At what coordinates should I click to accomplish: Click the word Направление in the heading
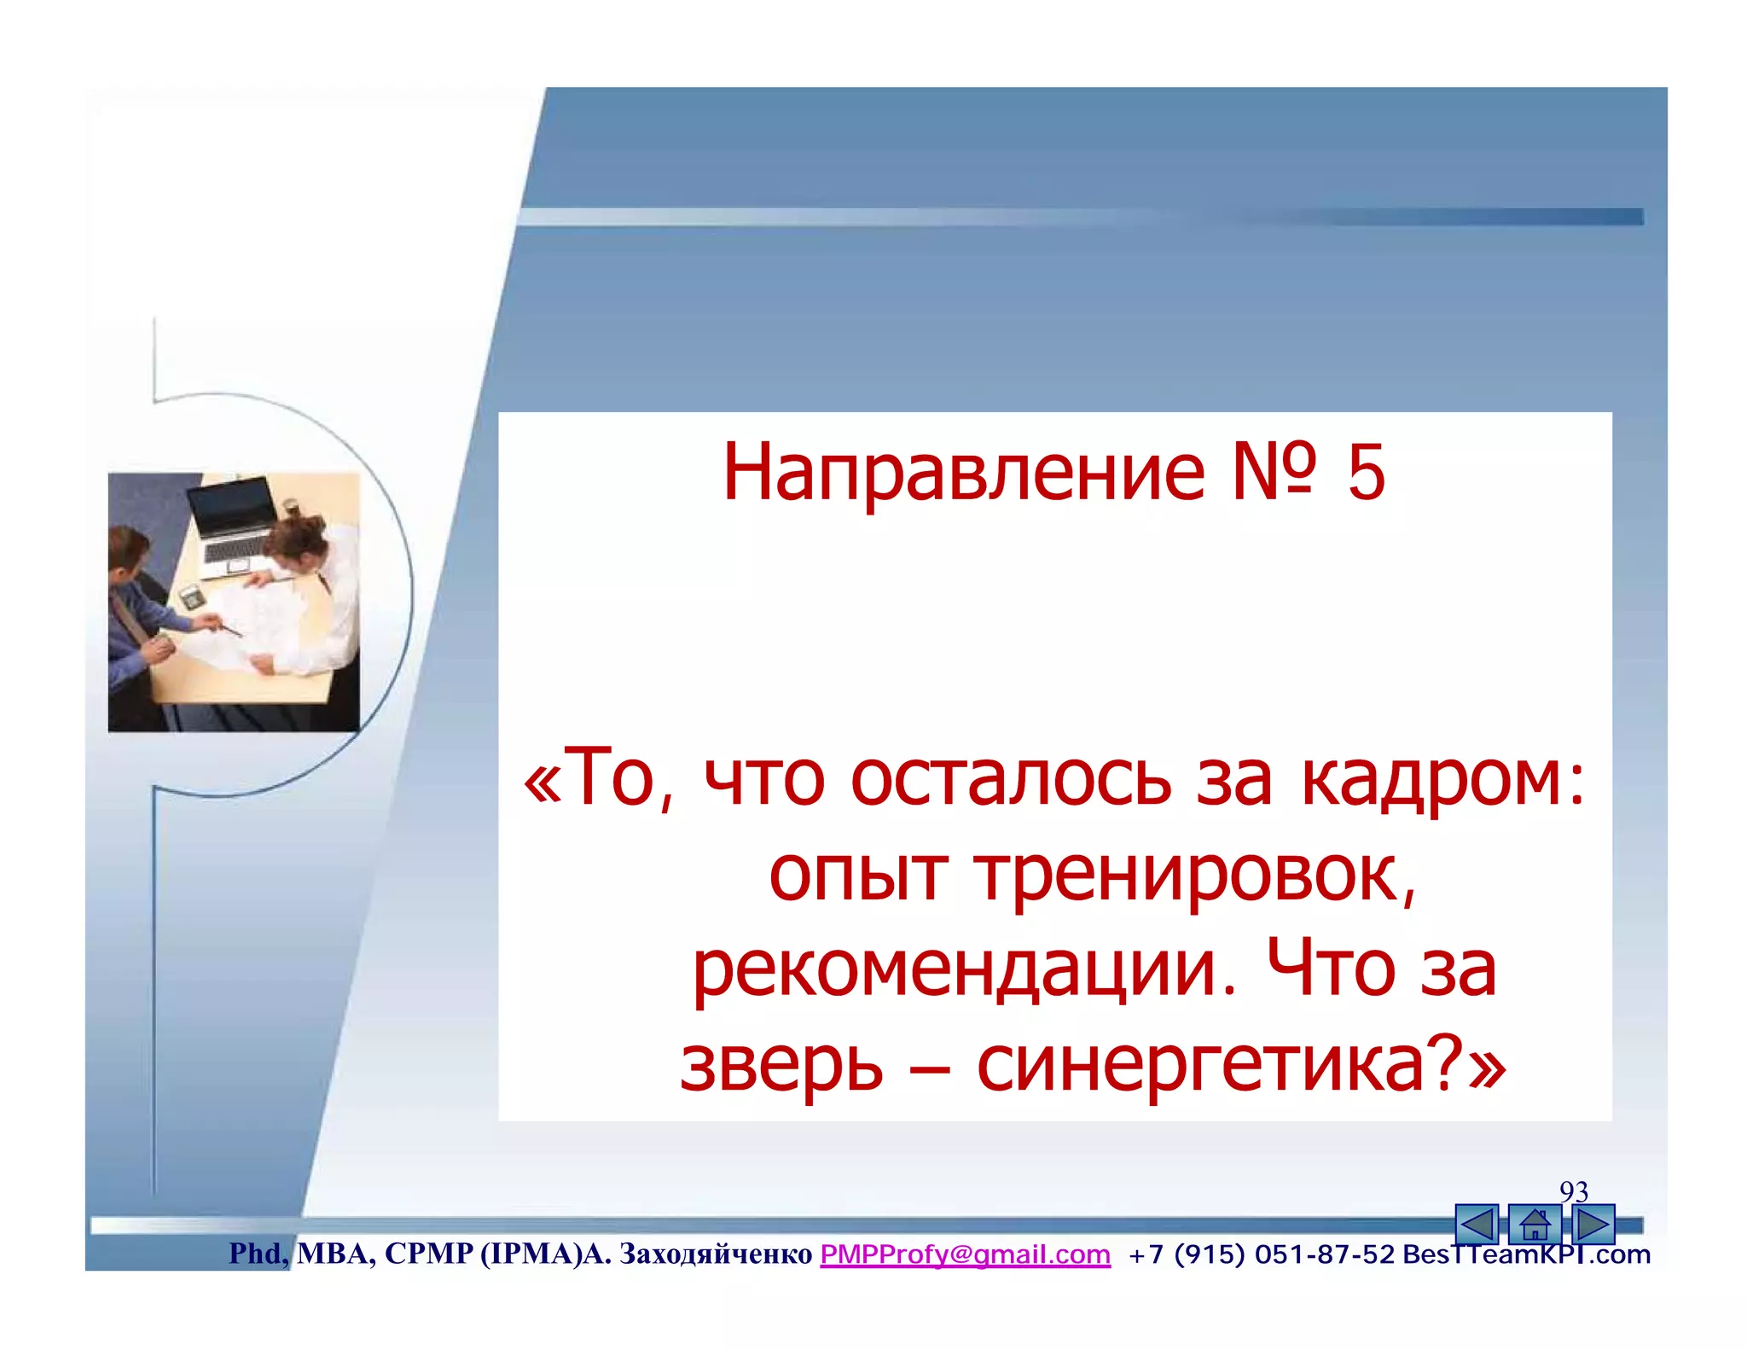[x=964, y=474]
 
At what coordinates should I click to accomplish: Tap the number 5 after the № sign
[x=1367, y=474]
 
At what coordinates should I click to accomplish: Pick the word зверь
[x=781, y=1067]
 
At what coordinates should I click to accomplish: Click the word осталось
[x=1011, y=778]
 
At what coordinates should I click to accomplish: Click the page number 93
[x=1574, y=1191]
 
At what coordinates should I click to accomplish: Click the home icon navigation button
[x=1535, y=1225]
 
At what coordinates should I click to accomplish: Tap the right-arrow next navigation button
[x=1593, y=1225]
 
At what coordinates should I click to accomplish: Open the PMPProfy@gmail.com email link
[x=965, y=1254]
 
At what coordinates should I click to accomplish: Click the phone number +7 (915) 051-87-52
[x=1261, y=1254]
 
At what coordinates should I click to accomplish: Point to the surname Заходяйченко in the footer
[x=715, y=1254]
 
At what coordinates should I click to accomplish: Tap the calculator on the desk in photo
[x=190, y=595]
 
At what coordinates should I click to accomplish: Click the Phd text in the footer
[x=255, y=1254]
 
